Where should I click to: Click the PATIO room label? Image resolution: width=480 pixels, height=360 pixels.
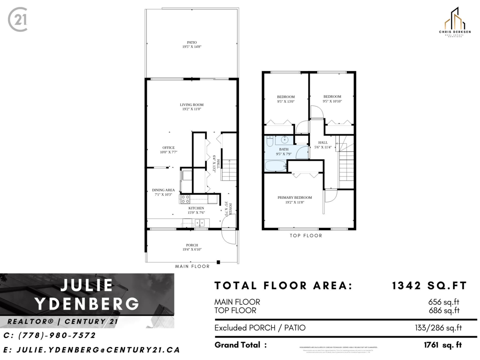pyautogui.click(x=192, y=44)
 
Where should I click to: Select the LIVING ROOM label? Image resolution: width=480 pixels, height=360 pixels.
pyautogui.click(x=192, y=107)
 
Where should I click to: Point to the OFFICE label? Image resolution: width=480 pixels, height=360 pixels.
pyautogui.click(x=168, y=150)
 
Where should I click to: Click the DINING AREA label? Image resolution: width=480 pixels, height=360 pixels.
pyautogui.click(x=163, y=192)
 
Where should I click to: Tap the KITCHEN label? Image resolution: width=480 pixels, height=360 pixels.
pyautogui.click(x=196, y=210)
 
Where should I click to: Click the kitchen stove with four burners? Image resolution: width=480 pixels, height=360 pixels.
pyautogui.click(x=185, y=199)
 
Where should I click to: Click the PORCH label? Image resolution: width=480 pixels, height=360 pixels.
pyautogui.click(x=192, y=247)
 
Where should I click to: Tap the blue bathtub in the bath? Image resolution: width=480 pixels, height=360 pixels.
pyautogui.click(x=275, y=165)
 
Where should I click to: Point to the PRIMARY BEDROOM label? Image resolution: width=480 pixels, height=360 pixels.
pyautogui.click(x=295, y=200)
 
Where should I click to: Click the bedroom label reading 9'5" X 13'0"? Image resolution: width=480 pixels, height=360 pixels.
pyautogui.click(x=286, y=99)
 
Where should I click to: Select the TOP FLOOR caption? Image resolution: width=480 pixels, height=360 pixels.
pyautogui.click(x=306, y=236)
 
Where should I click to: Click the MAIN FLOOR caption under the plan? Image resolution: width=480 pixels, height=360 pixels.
pyautogui.click(x=192, y=266)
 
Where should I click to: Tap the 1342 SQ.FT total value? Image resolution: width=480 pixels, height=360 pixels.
pyautogui.click(x=429, y=286)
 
